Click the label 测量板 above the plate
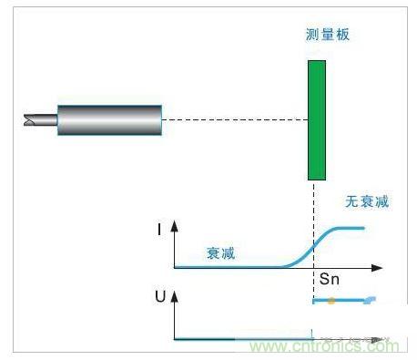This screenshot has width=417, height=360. pos(328,35)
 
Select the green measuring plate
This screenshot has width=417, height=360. pos(316,119)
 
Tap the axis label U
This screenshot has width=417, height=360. pos(160,297)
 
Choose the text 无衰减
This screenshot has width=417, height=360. pos(367,201)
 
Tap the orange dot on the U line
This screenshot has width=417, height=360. pos(331,300)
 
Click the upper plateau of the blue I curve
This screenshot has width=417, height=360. pos(351,228)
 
